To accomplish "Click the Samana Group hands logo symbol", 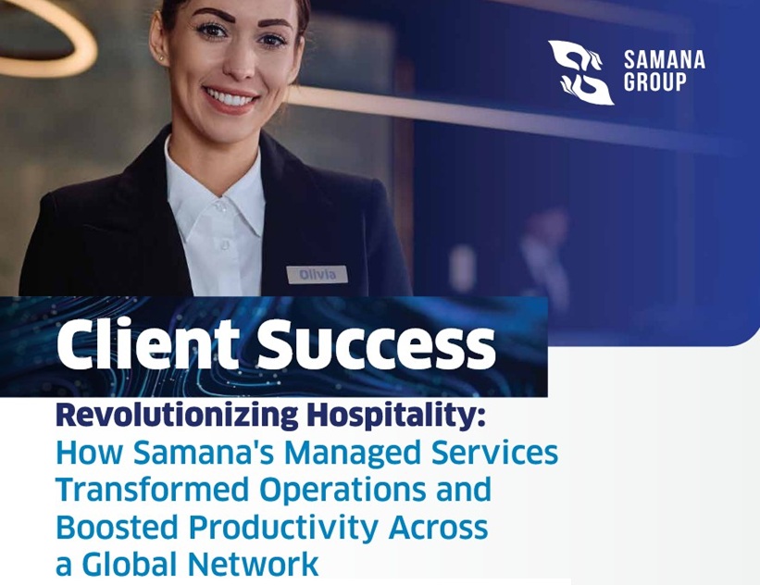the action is [x=580, y=73].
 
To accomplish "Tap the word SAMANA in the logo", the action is [x=664, y=60].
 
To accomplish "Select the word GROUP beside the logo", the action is [x=654, y=81].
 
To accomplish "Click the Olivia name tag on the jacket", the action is [x=317, y=275].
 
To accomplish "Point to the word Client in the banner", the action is [x=148, y=344].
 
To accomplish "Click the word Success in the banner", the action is [x=376, y=344].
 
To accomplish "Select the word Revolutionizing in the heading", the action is [x=177, y=416].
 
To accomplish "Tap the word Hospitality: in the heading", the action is [x=396, y=416].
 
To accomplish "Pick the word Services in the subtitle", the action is [x=494, y=453].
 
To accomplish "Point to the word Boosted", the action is [x=117, y=528].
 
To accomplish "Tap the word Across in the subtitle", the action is [x=438, y=528].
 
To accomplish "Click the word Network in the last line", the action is [x=253, y=564].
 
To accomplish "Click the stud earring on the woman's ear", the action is [x=161, y=58].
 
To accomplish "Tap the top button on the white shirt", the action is [x=221, y=207].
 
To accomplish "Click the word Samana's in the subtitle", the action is [x=204, y=453].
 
